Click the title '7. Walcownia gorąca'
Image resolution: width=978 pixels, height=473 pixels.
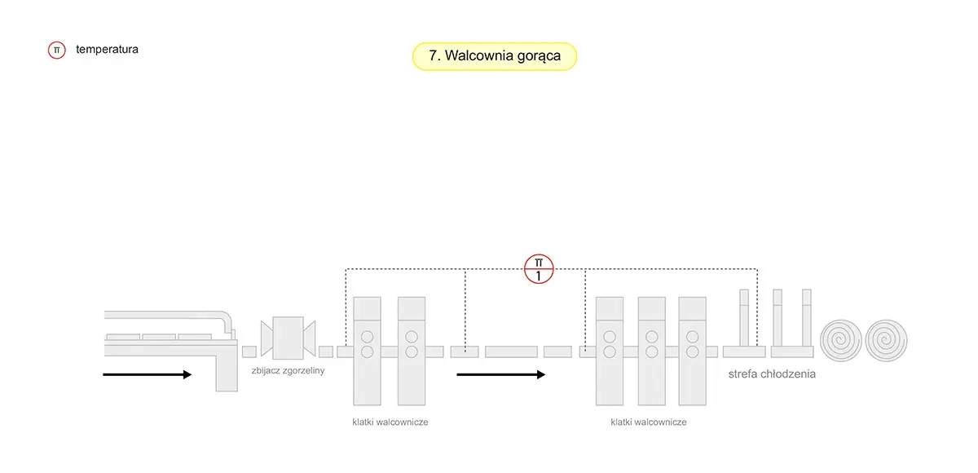(494, 56)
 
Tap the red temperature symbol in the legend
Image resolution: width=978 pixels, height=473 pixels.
(56, 50)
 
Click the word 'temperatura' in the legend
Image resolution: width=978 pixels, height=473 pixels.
(107, 49)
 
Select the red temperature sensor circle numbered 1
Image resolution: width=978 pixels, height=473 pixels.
(539, 268)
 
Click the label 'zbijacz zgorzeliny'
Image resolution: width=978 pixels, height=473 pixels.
(289, 371)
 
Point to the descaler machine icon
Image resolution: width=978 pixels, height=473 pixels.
(288, 336)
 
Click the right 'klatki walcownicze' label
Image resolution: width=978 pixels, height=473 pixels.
(648, 422)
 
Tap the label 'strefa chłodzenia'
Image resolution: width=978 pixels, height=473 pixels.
(771, 374)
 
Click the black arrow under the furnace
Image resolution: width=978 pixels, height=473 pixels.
(148, 374)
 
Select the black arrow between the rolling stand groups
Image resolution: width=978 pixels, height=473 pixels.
(500, 374)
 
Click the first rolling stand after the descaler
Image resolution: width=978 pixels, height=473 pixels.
(367, 351)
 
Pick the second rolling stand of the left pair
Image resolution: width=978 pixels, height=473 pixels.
(412, 351)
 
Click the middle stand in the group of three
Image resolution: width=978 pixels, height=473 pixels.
(651, 351)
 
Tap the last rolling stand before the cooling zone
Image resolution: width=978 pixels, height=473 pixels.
(692, 351)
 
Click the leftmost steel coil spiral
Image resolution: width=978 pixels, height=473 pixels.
(840, 338)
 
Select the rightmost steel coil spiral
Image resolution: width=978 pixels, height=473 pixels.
(886, 338)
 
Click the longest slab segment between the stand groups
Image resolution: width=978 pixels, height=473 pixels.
(511, 351)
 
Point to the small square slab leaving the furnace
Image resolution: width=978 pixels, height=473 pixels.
(249, 351)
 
